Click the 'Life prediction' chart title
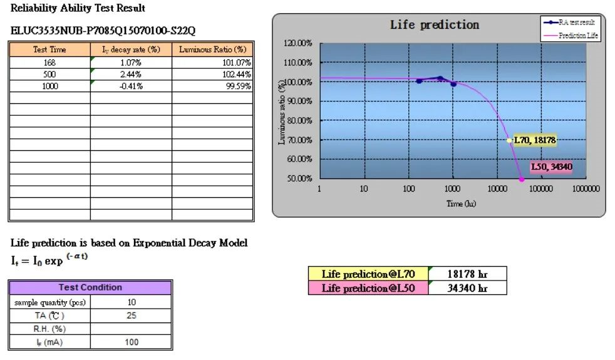pyautogui.click(x=434, y=25)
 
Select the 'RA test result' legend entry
pyautogui.click(x=577, y=22)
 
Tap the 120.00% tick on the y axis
pyautogui.click(x=297, y=43)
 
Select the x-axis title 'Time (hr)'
pyautogui.click(x=462, y=204)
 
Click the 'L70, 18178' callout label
pyautogui.click(x=534, y=141)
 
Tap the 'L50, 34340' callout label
pyautogui.click(x=551, y=167)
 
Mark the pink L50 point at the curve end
pyautogui.click(x=522, y=179)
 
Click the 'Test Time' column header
pyautogui.click(x=49, y=49)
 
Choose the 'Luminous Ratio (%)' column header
pyautogui.click(x=212, y=49)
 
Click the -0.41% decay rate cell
pyautogui.click(x=131, y=86)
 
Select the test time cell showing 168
pyautogui.click(x=49, y=63)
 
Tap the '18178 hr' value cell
pyautogui.click(x=467, y=274)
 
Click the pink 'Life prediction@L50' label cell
pyautogui.click(x=368, y=288)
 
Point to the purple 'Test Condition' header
pyautogui.click(x=90, y=287)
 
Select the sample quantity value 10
pyautogui.click(x=132, y=302)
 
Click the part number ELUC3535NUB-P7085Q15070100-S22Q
pyautogui.click(x=106, y=30)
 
